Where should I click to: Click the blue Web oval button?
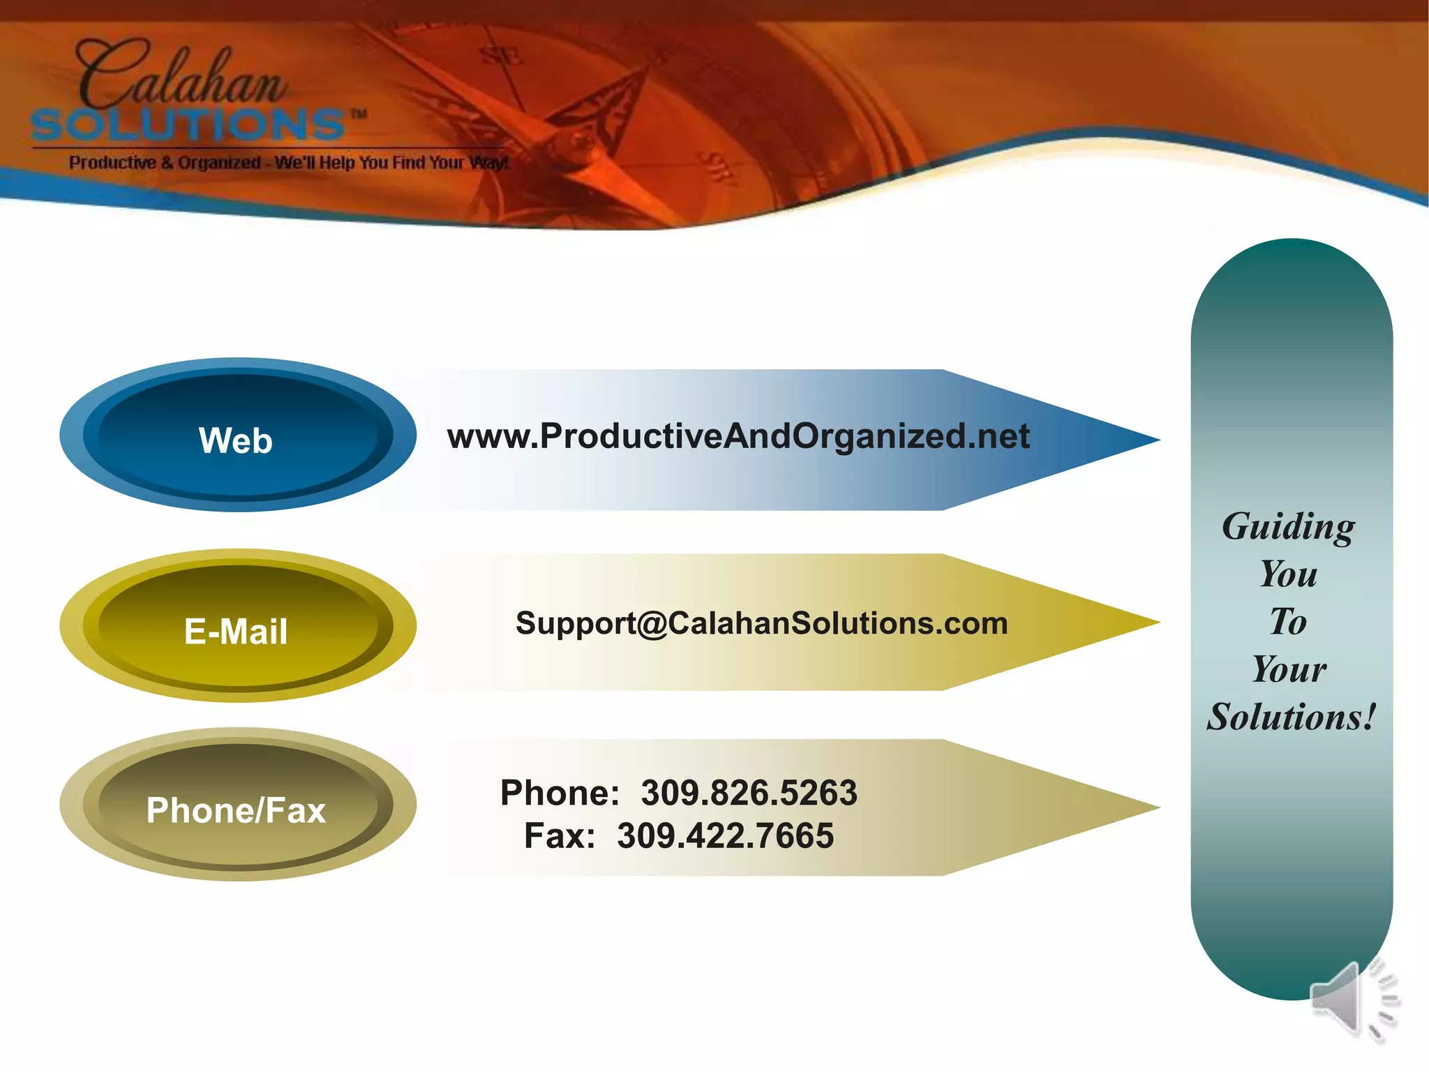click(237, 437)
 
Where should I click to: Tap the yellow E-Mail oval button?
click(237, 627)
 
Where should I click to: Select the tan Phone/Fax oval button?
click(237, 807)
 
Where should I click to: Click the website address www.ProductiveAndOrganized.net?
click(738, 437)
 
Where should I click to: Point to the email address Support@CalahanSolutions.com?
click(761, 623)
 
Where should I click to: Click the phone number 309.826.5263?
click(749, 794)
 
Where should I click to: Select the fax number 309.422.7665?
click(725, 836)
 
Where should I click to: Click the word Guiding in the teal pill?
click(1288, 527)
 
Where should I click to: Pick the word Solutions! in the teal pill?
click(1291, 717)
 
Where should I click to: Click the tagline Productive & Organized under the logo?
click(165, 163)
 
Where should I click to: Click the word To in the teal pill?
click(1288, 622)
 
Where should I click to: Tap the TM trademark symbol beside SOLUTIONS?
click(358, 114)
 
